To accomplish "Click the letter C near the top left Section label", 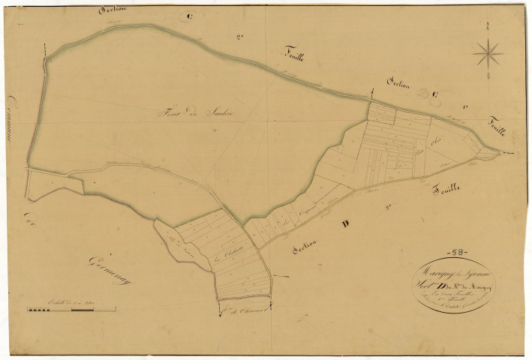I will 190,16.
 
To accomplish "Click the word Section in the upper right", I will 397,84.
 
